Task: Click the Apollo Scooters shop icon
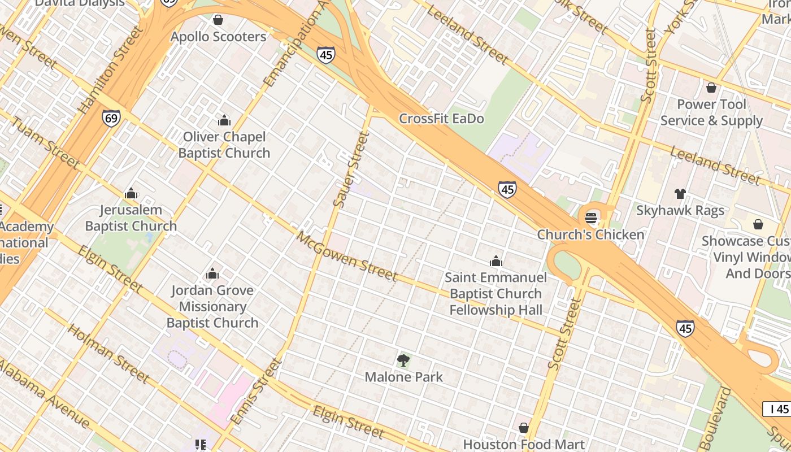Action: [218, 20]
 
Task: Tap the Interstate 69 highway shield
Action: [111, 118]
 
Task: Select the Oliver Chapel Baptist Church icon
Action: [224, 120]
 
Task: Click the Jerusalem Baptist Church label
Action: [131, 218]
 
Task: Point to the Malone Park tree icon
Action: [403, 360]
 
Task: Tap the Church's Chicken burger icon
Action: [591, 218]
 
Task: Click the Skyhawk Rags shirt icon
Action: [680, 194]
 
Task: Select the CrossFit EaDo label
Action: [441, 119]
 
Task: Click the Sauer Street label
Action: [351, 169]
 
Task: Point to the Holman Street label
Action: [108, 353]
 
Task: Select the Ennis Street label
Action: [256, 391]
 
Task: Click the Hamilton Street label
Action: [112, 69]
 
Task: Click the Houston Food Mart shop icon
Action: [524, 428]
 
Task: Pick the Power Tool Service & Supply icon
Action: [711, 88]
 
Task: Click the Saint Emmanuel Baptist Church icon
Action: [496, 261]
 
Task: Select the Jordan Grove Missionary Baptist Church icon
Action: [212, 274]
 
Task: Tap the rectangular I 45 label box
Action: [777, 409]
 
